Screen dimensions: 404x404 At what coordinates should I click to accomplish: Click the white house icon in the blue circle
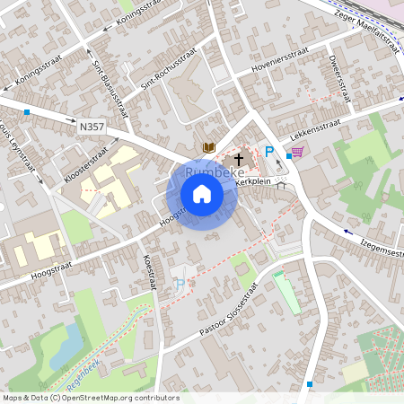click(202, 194)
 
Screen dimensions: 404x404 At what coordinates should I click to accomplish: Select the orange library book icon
click(208, 146)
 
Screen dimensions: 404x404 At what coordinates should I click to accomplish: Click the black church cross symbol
click(239, 159)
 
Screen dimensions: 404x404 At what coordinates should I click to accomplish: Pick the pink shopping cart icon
click(297, 152)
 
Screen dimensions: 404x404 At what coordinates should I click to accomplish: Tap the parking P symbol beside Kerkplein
click(268, 152)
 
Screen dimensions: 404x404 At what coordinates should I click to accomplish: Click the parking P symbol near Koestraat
click(180, 285)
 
